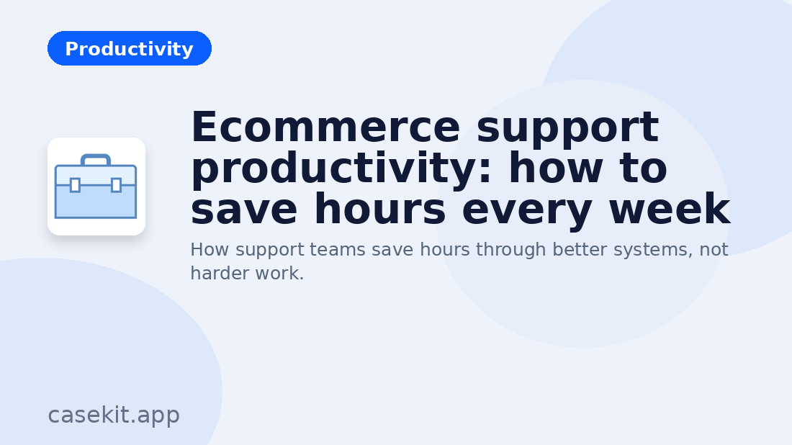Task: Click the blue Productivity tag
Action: click(x=130, y=49)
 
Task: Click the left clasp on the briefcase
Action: click(x=75, y=185)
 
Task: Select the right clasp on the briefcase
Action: click(x=116, y=185)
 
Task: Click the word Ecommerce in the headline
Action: click(x=325, y=127)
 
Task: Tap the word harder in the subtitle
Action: click(x=217, y=274)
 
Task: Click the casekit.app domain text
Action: click(x=114, y=415)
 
